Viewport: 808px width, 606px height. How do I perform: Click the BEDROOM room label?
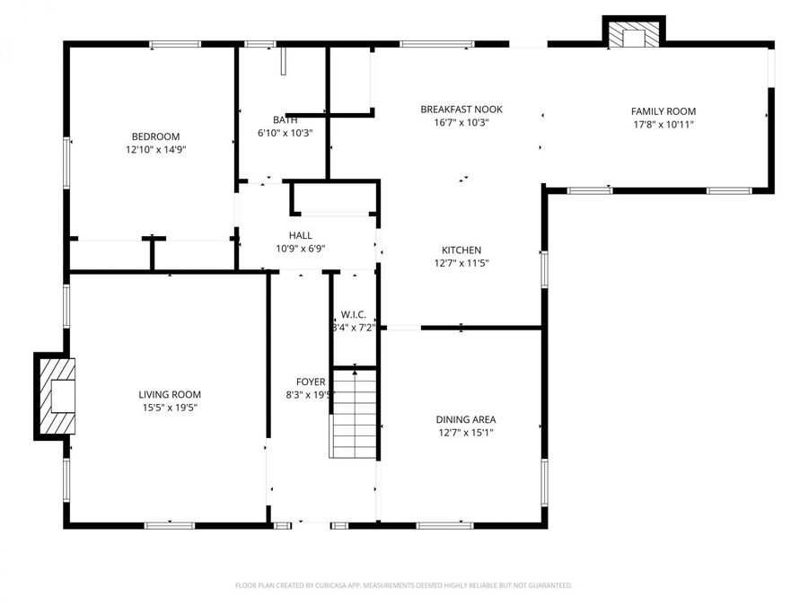[x=156, y=136]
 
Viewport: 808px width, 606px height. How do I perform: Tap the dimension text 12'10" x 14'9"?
[x=156, y=150]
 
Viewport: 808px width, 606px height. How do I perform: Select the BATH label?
[x=285, y=119]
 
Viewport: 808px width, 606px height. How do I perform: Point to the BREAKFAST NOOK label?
[x=461, y=110]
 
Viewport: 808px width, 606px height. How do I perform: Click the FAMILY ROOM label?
[x=663, y=111]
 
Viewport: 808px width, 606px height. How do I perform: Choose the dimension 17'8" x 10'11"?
[x=663, y=125]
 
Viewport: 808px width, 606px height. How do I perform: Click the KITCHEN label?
[x=461, y=250]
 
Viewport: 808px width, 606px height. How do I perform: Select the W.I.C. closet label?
[x=353, y=315]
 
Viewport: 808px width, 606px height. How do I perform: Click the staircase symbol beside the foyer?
[x=355, y=414]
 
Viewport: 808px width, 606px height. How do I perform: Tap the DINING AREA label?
[x=465, y=419]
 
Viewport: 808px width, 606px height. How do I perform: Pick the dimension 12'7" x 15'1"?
[x=465, y=433]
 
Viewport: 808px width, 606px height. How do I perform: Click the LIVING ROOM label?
[x=170, y=394]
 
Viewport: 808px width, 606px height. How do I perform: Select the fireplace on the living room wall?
[x=56, y=396]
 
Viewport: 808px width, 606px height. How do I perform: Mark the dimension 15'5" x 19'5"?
[x=170, y=408]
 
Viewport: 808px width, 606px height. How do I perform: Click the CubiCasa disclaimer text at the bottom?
[x=403, y=585]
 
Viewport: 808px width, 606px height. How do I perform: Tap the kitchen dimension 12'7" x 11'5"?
[x=461, y=264]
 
